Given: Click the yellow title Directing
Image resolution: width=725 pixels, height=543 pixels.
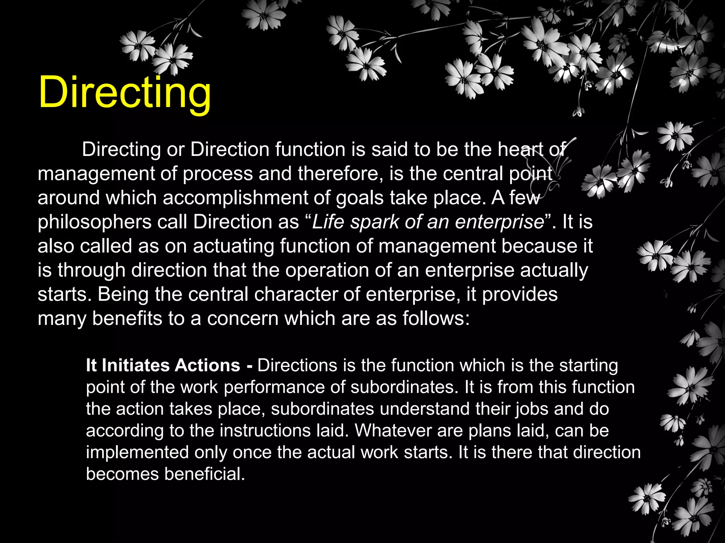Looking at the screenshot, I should click(125, 93).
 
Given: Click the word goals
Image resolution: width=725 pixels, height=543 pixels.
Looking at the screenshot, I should click(360, 198).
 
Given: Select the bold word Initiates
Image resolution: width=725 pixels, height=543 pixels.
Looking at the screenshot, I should click(136, 365).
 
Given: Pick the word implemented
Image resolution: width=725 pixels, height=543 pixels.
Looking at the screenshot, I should click(137, 453).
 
